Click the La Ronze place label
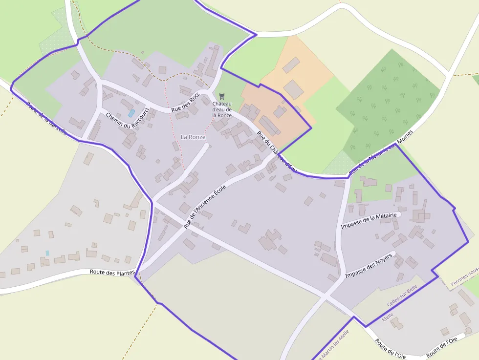193,137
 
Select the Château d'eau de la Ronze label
222,109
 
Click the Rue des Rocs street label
186,103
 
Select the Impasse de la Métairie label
369,220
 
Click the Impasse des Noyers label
369,266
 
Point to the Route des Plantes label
112,273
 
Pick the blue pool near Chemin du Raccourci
131,113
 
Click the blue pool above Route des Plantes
47,253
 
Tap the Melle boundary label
388,317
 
